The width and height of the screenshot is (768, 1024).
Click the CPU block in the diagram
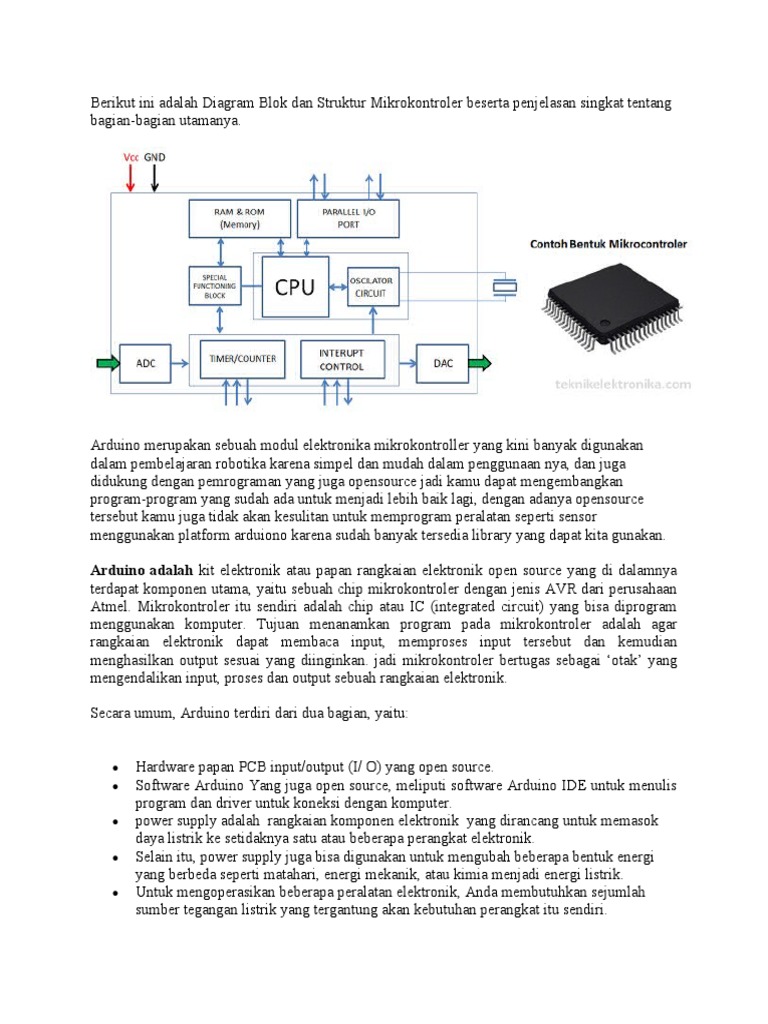[294, 287]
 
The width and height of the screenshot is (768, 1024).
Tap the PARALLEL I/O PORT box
[347, 219]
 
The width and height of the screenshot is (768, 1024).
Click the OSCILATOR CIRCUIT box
[372, 286]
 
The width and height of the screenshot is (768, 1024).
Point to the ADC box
[145, 363]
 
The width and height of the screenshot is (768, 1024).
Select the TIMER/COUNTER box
[242, 359]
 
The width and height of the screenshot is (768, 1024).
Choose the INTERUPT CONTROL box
[343, 359]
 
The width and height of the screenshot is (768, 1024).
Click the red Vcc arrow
[130, 176]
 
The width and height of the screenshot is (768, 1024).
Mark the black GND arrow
[156, 176]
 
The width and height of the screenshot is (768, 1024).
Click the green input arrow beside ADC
[106, 363]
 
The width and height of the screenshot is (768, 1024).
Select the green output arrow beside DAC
[480, 363]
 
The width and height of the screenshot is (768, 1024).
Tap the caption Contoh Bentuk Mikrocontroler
[608, 244]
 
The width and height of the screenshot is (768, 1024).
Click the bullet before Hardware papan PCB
[116, 768]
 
